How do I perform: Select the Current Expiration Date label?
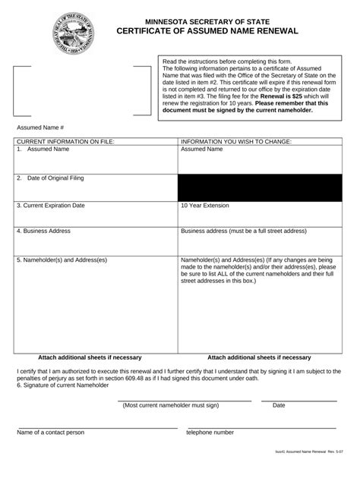click(50, 206)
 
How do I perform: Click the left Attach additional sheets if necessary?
click(90, 357)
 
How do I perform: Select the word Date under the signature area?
click(279, 405)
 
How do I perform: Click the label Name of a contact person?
click(50, 432)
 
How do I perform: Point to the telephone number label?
click(210, 432)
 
